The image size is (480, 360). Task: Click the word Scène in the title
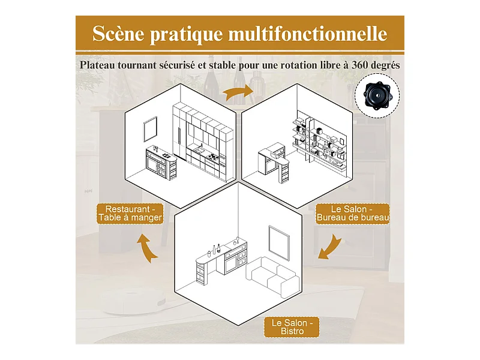[x=118, y=34]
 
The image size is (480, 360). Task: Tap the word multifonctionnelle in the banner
[x=308, y=34]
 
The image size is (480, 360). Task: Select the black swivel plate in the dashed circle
[x=377, y=95]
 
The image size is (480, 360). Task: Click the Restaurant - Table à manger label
[x=130, y=214]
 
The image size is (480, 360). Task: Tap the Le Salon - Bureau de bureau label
[x=353, y=214]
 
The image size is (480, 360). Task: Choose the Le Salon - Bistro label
[x=292, y=327]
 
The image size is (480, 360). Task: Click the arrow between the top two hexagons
[x=238, y=92]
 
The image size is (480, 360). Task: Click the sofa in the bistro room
[x=272, y=277]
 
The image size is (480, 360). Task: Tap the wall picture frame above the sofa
[x=279, y=243]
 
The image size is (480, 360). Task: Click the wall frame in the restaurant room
[x=151, y=129]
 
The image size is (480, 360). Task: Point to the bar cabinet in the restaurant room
[x=161, y=163]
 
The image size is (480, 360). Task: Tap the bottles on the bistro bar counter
[x=216, y=249]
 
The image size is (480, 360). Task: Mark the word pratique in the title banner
[x=186, y=34]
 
